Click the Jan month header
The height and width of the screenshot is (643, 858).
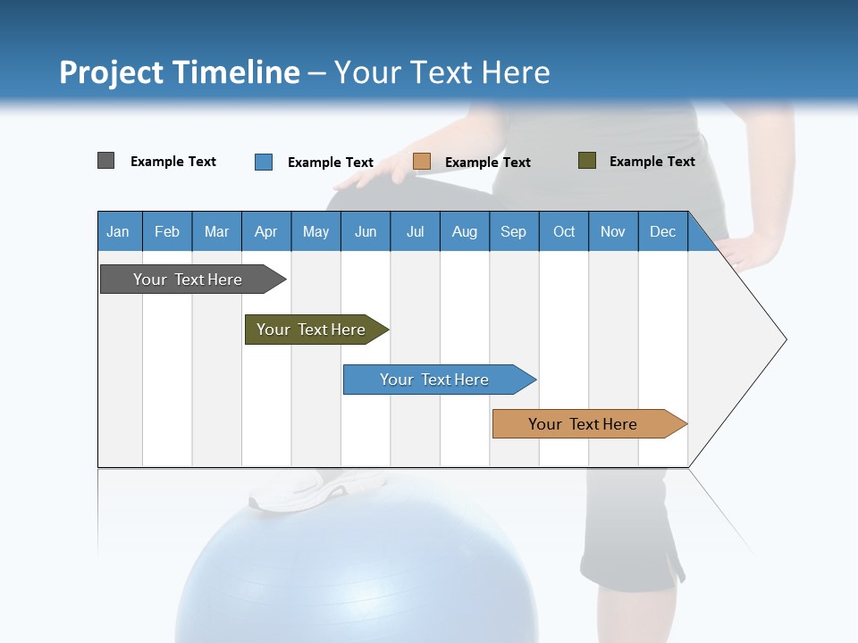click(118, 231)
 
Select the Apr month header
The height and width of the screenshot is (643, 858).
click(265, 231)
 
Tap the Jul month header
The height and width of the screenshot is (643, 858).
click(415, 231)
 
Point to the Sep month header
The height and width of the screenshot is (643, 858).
click(513, 231)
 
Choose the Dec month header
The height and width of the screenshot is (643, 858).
click(662, 231)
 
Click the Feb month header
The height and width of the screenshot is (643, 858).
click(167, 231)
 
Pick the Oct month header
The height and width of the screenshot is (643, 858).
click(564, 231)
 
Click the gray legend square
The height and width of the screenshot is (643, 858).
click(105, 161)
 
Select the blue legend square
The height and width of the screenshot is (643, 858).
click(264, 162)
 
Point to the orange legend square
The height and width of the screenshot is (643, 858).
click(422, 162)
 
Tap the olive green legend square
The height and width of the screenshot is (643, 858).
click(587, 161)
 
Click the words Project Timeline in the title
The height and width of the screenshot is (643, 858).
click(179, 72)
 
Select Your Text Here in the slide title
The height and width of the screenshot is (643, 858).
click(442, 72)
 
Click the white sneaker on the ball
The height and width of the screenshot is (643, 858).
click(299, 490)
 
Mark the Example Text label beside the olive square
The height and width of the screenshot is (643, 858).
click(652, 161)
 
